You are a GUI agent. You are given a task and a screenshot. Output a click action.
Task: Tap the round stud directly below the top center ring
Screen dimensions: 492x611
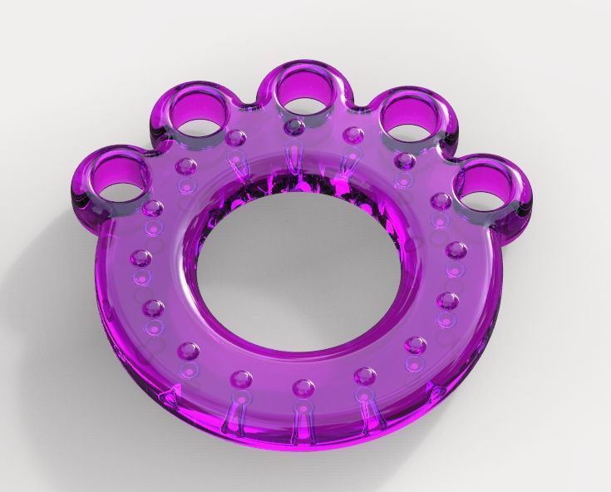295,126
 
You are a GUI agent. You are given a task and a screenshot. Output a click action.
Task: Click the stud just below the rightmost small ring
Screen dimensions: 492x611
442,200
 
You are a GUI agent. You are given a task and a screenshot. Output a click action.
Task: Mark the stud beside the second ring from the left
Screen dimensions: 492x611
236,136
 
